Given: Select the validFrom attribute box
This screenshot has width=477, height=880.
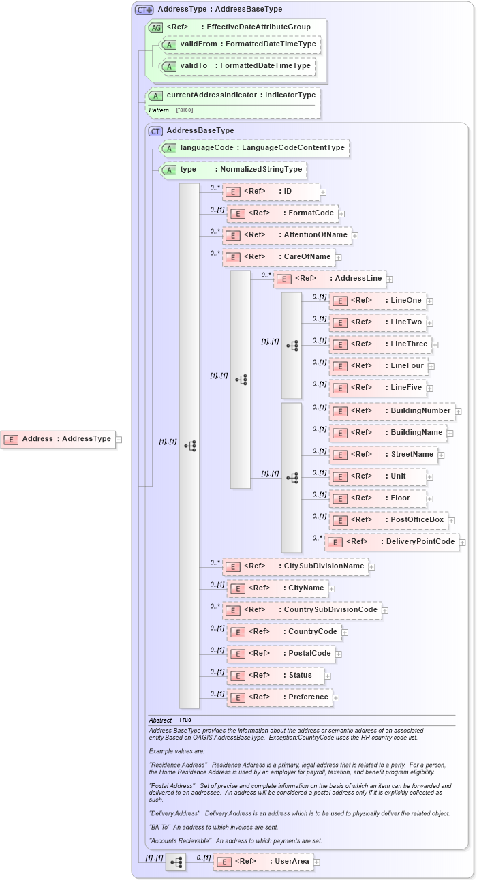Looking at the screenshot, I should (239, 44).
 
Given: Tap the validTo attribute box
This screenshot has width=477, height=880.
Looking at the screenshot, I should (237, 66).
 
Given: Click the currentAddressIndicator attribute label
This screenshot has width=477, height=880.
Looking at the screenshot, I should (232, 95).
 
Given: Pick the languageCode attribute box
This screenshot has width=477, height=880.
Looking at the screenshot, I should (254, 148).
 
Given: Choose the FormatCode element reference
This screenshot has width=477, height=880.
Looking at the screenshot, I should (282, 213).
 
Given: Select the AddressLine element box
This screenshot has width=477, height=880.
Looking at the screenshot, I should (330, 279).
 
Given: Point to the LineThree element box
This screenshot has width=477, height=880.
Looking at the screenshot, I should (380, 344).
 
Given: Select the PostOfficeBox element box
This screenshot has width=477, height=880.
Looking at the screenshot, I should (388, 520).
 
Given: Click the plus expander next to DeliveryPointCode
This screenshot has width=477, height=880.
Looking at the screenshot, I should (463, 543).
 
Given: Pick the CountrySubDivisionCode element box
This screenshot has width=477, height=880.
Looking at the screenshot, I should (302, 609).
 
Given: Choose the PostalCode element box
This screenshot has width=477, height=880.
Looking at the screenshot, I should (281, 654).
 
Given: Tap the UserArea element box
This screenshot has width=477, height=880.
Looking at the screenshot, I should (264, 862).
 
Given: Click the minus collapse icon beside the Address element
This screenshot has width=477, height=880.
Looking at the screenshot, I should (119, 440).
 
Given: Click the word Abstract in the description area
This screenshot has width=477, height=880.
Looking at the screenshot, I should (160, 720).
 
